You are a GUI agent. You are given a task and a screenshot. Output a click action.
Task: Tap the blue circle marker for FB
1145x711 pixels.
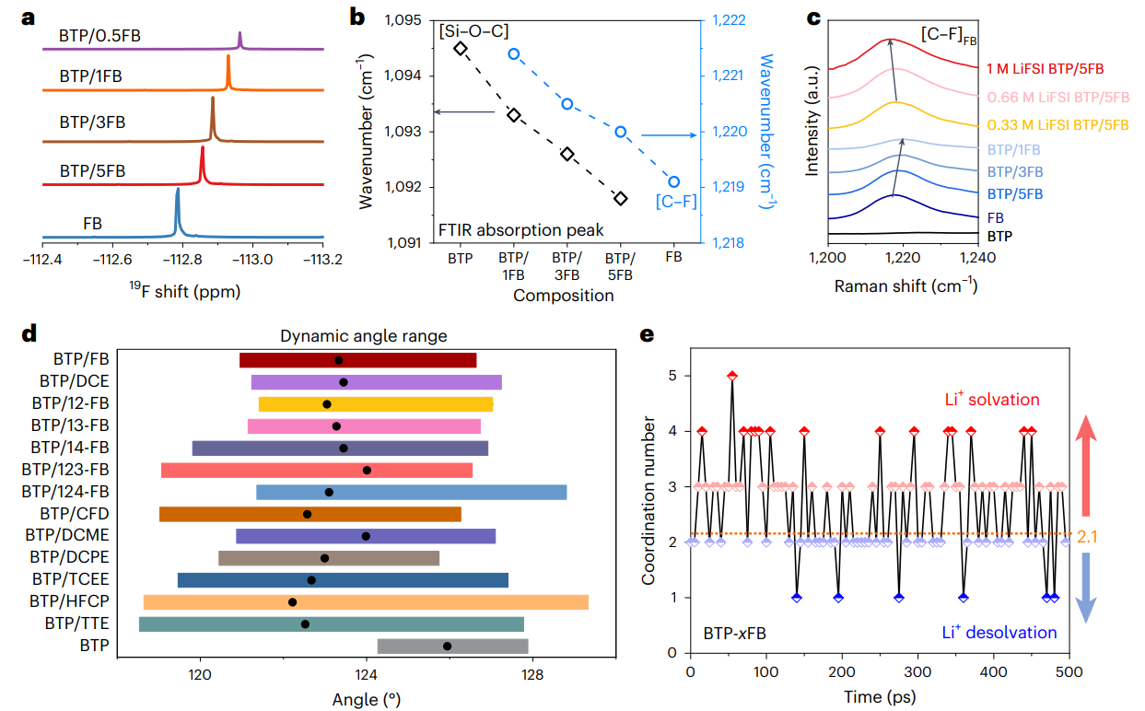coord(674,181)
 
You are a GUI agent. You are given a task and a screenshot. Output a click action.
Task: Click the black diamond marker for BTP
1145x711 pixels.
coord(461,48)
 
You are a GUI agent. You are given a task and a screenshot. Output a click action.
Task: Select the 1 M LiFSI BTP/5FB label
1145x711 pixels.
coord(1045,68)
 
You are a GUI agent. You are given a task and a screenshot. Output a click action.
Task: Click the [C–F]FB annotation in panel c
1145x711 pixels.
coord(949,34)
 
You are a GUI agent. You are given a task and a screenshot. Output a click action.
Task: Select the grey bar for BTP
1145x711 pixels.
coord(453,646)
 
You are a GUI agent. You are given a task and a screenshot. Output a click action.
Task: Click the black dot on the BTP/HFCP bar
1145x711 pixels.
coord(292,601)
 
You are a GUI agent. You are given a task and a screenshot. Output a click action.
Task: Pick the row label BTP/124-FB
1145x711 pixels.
coord(70,492)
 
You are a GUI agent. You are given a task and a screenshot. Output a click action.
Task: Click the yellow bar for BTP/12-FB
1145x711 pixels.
coord(376,403)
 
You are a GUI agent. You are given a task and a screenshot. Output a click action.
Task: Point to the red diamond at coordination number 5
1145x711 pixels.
coord(732,375)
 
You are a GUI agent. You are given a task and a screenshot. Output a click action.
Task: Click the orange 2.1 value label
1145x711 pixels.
coord(1086,534)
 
